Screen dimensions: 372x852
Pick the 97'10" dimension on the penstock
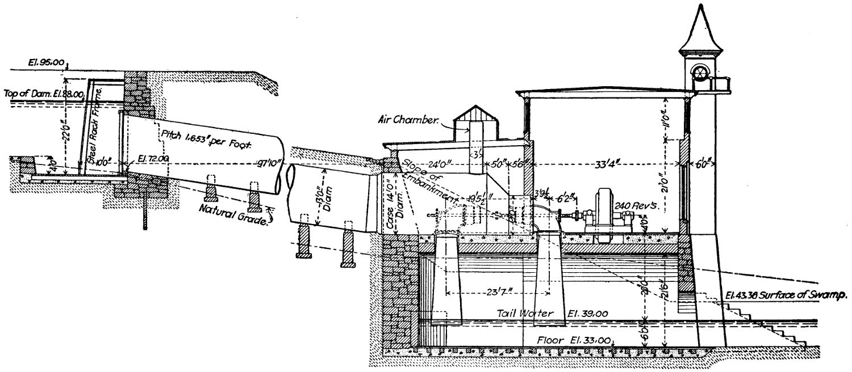[264, 164]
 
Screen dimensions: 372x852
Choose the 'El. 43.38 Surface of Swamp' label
[787, 295]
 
